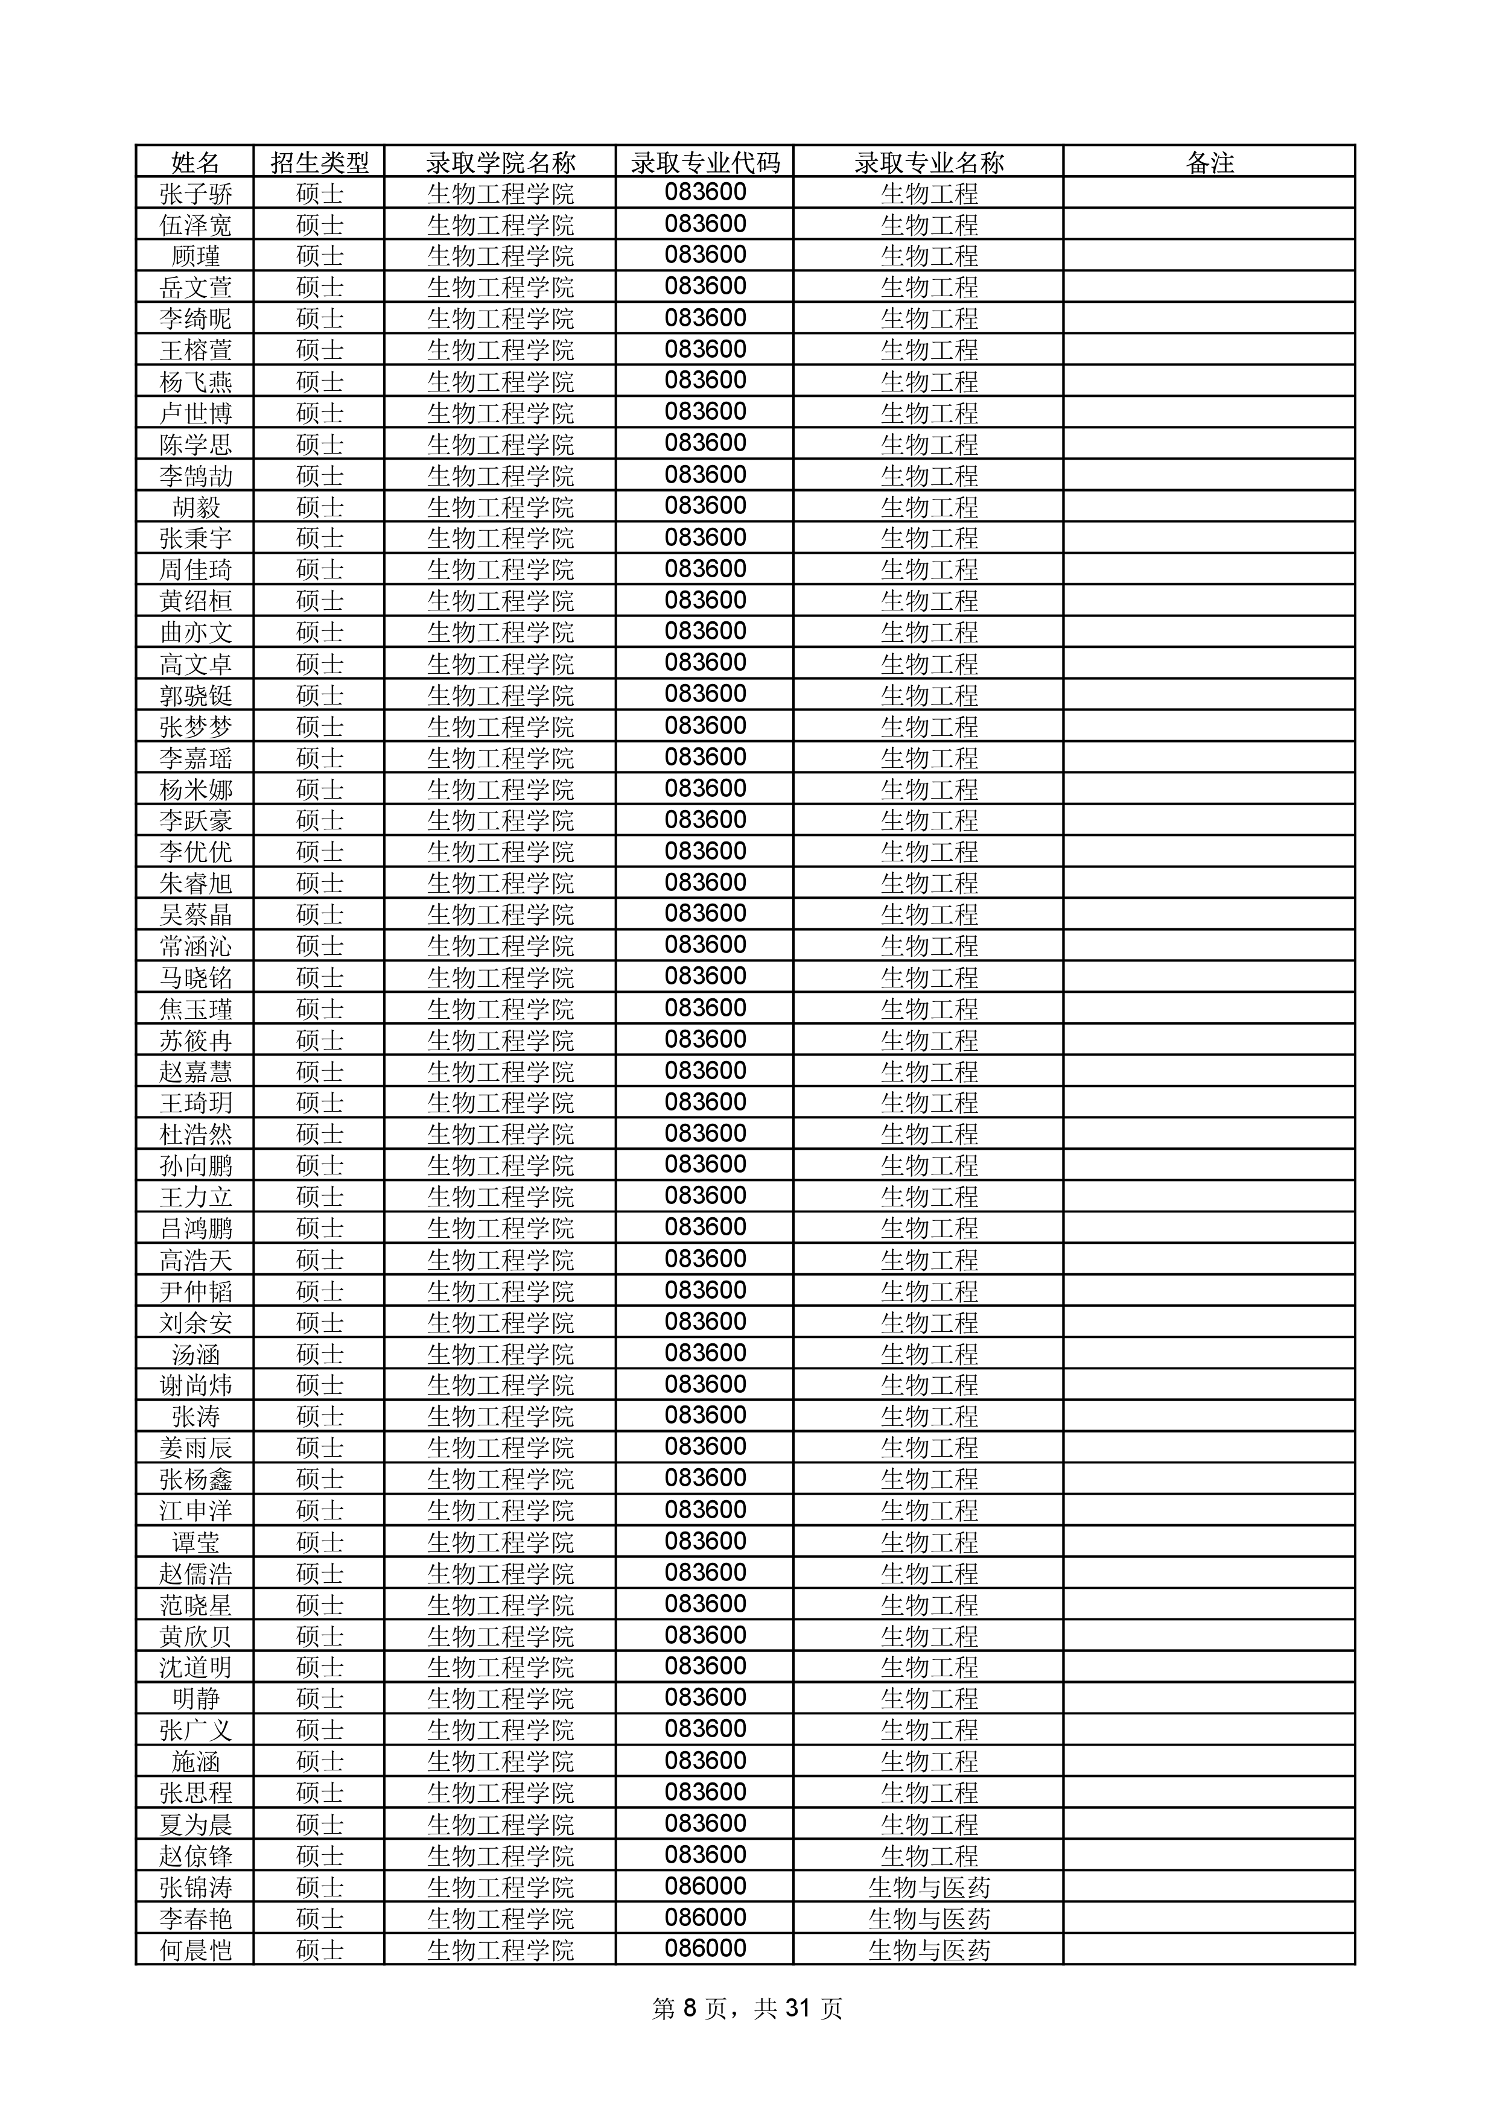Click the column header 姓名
[x=195, y=163]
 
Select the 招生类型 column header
[x=319, y=163]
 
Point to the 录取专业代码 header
[x=705, y=163]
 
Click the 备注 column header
[x=1209, y=163]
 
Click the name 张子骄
[x=195, y=194]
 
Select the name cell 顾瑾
[x=195, y=256]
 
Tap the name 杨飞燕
[x=195, y=382]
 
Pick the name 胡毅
[x=195, y=507]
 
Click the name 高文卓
[x=195, y=664]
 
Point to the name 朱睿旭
[x=195, y=883]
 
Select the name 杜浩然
[x=195, y=1133]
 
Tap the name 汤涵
[x=195, y=1354]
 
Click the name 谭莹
[x=195, y=1542]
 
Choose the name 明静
[x=195, y=1699]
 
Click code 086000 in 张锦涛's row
[x=705, y=1887]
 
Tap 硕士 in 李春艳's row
[x=319, y=1919]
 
